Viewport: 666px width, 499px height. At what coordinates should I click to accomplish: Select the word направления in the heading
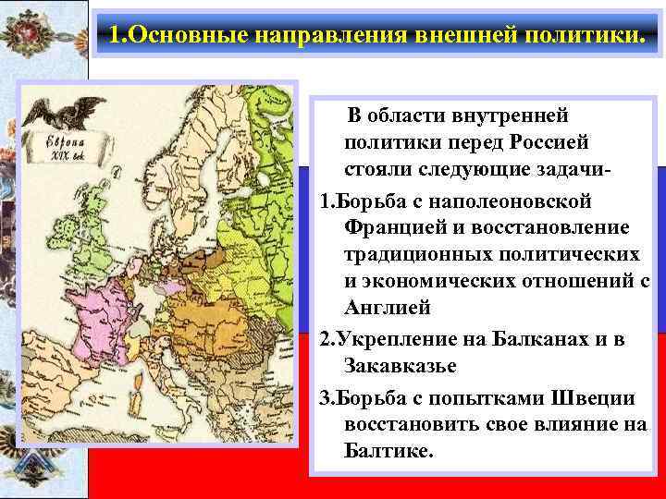(305, 37)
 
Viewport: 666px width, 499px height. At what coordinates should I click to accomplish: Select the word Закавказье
(400, 366)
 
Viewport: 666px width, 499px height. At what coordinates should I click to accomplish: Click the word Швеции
(592, 399)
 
